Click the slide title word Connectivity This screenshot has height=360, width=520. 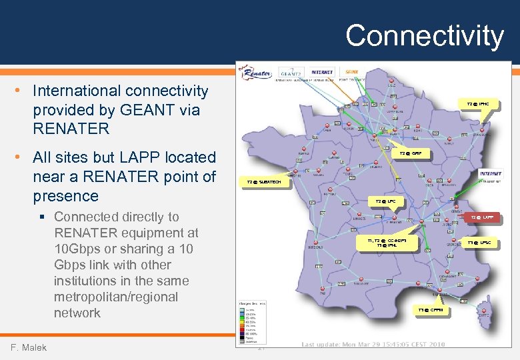(x=424, y=35)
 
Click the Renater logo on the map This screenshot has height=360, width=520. (x=256, y=72)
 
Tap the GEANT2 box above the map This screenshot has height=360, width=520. (x=292, y=73)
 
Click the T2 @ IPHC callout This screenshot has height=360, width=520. (x=477, y=104)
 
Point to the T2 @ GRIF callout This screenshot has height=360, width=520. (x=410, y=153)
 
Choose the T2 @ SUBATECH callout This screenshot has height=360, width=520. (x=264, y=181)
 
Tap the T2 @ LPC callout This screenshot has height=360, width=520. (x=385, y=201)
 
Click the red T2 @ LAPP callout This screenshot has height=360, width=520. (x=482, y=217)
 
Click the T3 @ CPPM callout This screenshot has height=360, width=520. (x=430, y=310)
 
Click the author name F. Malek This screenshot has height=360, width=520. (x=29, y=347)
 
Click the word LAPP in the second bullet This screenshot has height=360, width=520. (x=127, y=157)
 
